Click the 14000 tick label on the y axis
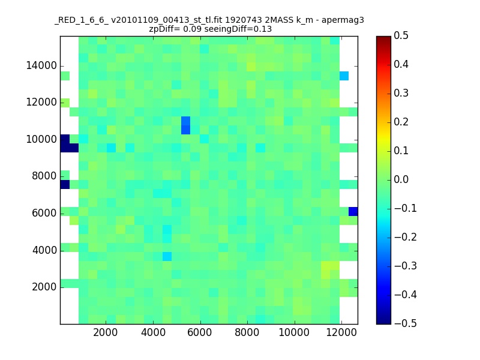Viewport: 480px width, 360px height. [x=41, y=66]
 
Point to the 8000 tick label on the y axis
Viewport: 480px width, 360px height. [x=44, y=176]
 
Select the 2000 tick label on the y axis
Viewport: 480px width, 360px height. [x=44, y=287]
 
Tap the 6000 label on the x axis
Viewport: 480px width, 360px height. [x=199, y=332]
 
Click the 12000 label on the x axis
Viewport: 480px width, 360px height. [x=341, y=332]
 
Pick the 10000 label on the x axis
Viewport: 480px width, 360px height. [x=294, y=332]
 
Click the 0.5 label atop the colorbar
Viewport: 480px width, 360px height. [x=401, y=36]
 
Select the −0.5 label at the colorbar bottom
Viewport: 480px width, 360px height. [x=406, y=323]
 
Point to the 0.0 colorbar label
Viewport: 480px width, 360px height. [x=401, y=179]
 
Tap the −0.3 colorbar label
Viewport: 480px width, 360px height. [x=406, y=266]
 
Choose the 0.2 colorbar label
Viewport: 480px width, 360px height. [x=401, y=122]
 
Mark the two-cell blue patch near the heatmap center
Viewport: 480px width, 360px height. [x=185, y=125]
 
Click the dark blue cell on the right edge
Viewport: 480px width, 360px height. [x=353, y=212]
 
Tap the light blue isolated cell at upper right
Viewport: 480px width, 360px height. [x=344, y=76]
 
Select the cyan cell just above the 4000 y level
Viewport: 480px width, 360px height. [x=167, y=257]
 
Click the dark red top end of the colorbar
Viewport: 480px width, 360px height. [x=383, y=38]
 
